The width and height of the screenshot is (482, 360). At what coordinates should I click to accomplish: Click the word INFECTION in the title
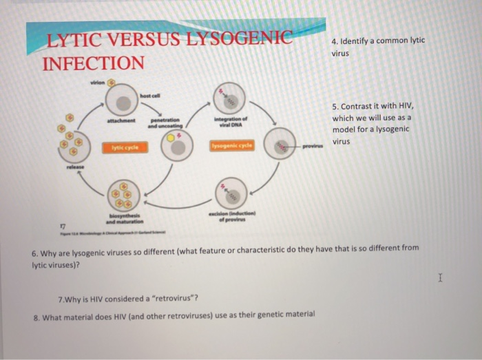tap(93, 64)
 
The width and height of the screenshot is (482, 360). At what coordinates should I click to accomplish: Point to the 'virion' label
tap(97, 82)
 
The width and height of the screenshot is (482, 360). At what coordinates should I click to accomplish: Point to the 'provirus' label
tap(313, 147)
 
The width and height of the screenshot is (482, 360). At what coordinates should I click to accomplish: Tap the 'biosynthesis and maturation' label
tap(124, 220)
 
